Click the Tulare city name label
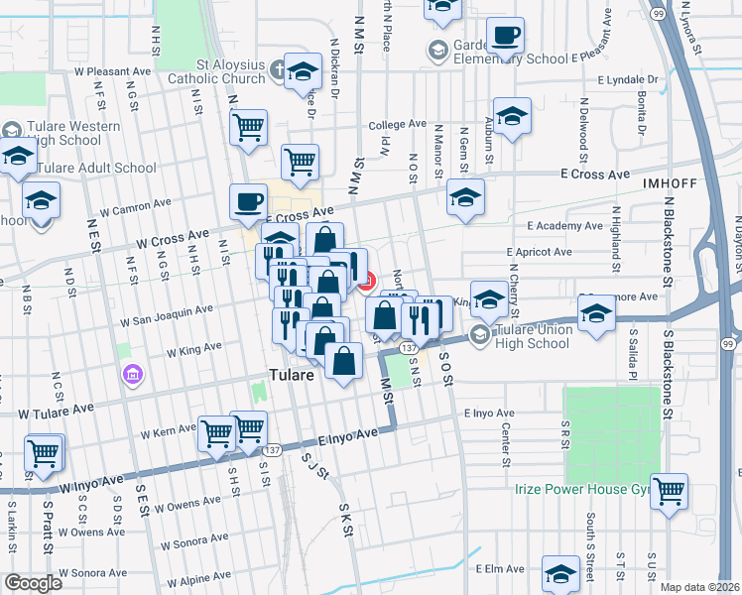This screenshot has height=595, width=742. pyautogui.click(x=293, y=376)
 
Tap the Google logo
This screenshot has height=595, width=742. pyautogui.click(x=33, y=583)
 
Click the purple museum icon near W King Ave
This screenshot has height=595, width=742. pyautogui.click(x=132, y=375)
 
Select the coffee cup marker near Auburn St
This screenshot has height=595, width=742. pyautogui.click(x=505, y=37)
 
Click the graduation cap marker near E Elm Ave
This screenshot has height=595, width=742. pyautogui.click(x=560, y=574)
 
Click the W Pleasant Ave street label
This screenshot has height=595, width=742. pyautogui.click(x=118, y=71)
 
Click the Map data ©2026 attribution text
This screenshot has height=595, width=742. pyautogui.click(x=699, y=587)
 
